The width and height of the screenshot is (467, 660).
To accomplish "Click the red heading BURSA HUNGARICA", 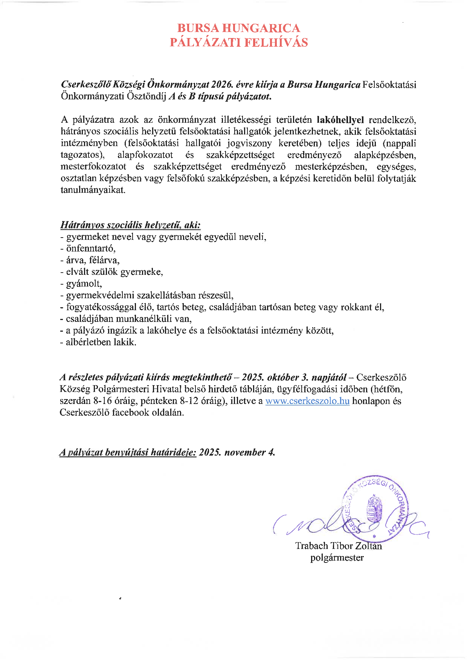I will (238, 28).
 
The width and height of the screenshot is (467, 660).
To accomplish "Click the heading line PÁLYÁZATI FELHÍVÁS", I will (238, 42).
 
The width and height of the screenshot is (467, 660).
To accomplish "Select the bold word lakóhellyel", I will (340, 120).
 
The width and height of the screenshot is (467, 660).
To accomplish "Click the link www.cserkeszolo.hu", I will (307, 401).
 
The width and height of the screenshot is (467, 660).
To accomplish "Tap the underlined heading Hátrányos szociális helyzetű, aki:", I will (130, 225).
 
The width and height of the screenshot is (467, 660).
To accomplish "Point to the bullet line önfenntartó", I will (90, 248).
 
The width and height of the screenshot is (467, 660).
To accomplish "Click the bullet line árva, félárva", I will (93, 260).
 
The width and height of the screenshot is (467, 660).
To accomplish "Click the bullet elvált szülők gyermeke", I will (114, 272).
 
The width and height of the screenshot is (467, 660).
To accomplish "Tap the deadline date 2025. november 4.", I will (237, 452).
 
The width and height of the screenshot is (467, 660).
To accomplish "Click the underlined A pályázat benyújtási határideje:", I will (128, 452).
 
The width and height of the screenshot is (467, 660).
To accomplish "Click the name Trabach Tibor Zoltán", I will (338, 546).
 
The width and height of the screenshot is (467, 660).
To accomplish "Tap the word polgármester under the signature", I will (337, 558).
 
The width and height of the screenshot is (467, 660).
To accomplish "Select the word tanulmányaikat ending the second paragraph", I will (93, 190).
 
